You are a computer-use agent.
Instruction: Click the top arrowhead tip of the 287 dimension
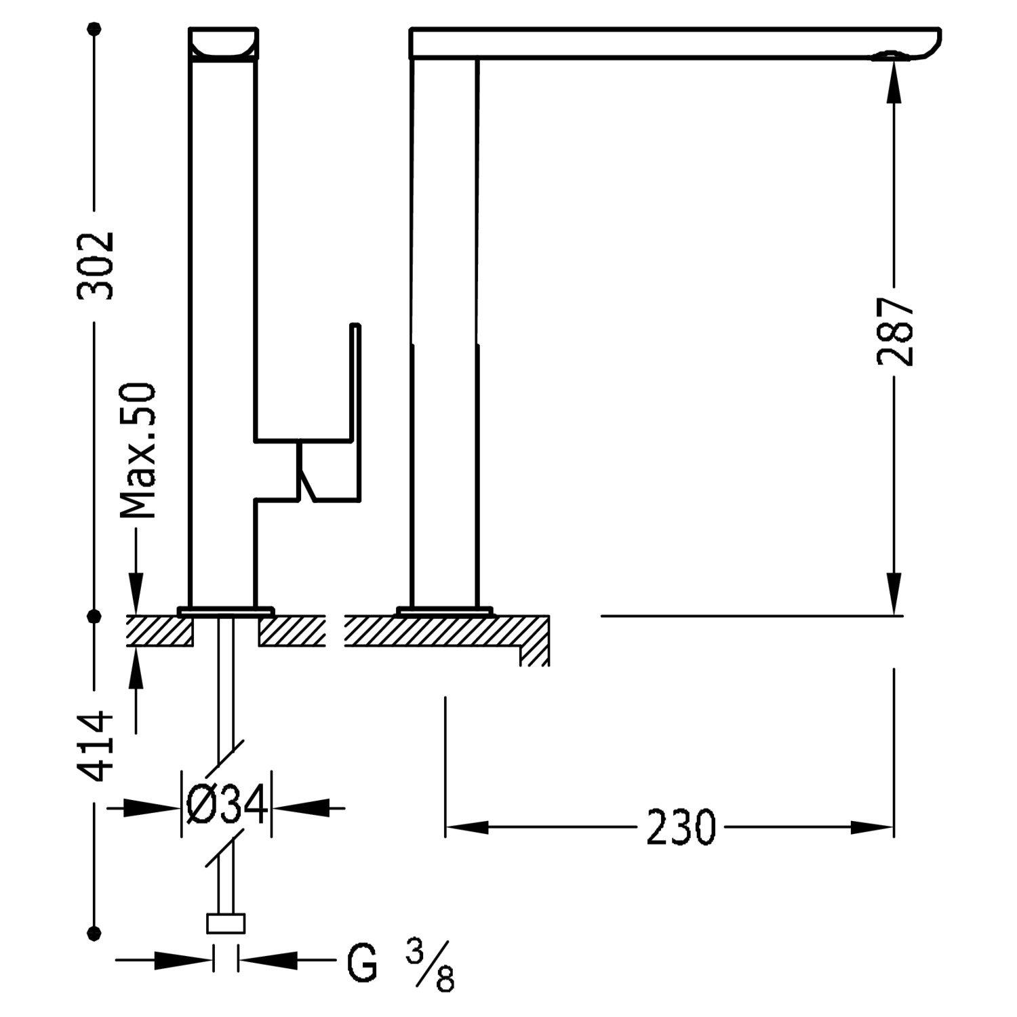tap(894, 62)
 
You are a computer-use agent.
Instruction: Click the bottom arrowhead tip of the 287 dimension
tap(894, 614)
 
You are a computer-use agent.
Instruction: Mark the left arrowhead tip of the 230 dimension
tap(445, 827)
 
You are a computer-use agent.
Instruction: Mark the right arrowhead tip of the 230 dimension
tap(893, 827)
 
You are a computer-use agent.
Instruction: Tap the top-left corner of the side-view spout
tap(410, 28)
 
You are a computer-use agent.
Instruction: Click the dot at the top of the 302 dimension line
tap(95, 28)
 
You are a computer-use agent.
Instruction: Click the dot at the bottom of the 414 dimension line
tap(95, 932)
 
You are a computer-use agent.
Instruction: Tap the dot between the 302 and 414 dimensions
tap(95, 616)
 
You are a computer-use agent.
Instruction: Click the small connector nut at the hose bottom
tap(225, 923)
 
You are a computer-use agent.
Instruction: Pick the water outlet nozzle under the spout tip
tap(888, 56)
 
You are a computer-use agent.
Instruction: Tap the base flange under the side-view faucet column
tap(445, 611)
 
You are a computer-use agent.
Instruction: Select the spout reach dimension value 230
tap(681, 828)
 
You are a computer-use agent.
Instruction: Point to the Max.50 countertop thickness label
tap(138, 451)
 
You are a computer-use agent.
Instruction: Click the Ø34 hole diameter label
tap(226, 807)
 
